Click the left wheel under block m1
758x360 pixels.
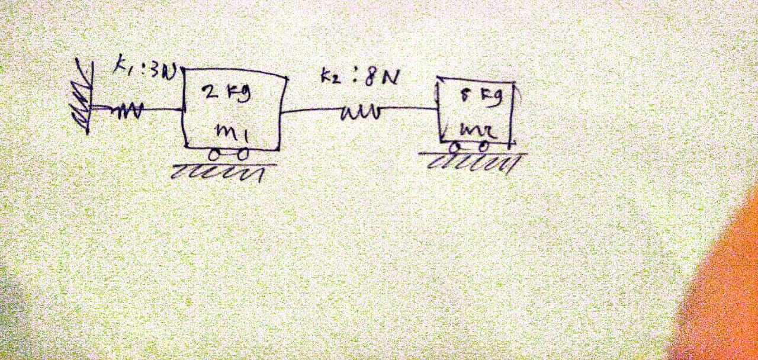213,155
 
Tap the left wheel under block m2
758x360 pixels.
457,145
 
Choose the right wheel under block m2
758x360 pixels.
484,145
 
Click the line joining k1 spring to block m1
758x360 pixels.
163,108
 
